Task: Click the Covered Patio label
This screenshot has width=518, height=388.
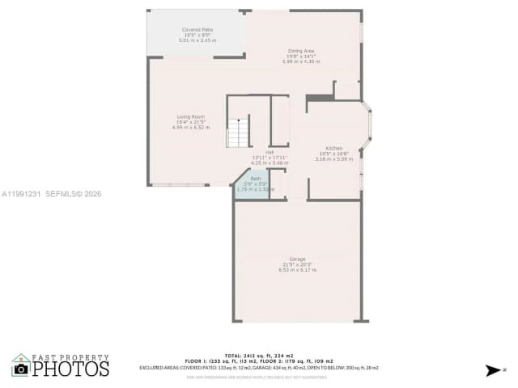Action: pos(197,29)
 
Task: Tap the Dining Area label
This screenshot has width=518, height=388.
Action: pos(301,51)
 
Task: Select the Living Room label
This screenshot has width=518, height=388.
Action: pos(191,116)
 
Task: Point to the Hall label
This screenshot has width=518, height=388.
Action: pos(270,152)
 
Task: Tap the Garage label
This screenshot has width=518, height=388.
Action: pos(297,259)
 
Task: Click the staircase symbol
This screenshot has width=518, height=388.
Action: pos(238,133)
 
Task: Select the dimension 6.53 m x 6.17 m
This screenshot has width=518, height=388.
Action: pos(297,270)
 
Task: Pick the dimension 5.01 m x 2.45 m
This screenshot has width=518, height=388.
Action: pos(197,40)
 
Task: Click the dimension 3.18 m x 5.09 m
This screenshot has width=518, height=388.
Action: pos(333,159)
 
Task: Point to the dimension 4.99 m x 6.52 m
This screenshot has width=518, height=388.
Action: pos(191,127)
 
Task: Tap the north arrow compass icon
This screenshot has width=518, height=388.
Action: pos(493,370)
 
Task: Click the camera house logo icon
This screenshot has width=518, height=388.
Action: pos(21,368)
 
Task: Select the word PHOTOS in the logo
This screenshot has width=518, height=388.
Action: pos(70,369)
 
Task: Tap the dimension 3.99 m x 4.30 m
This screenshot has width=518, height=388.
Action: pos(301,61)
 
